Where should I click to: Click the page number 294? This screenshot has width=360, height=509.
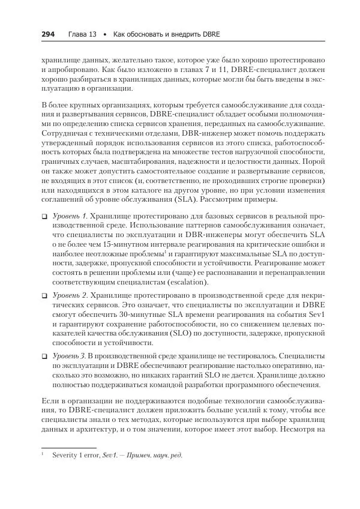(47, 34)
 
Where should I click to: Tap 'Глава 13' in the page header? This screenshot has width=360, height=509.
(82, 34)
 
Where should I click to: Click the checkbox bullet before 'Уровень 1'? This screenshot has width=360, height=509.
(44, 215)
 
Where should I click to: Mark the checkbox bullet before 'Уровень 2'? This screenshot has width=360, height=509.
(44, 296)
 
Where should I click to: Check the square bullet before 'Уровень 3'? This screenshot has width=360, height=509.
(44, 356)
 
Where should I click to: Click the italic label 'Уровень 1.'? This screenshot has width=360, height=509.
(70, 215)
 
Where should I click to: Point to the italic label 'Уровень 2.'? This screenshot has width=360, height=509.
(70, 296)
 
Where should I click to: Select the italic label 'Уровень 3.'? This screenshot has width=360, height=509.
(70, 356)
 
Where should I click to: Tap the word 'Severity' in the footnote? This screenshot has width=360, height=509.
(64, 455)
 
